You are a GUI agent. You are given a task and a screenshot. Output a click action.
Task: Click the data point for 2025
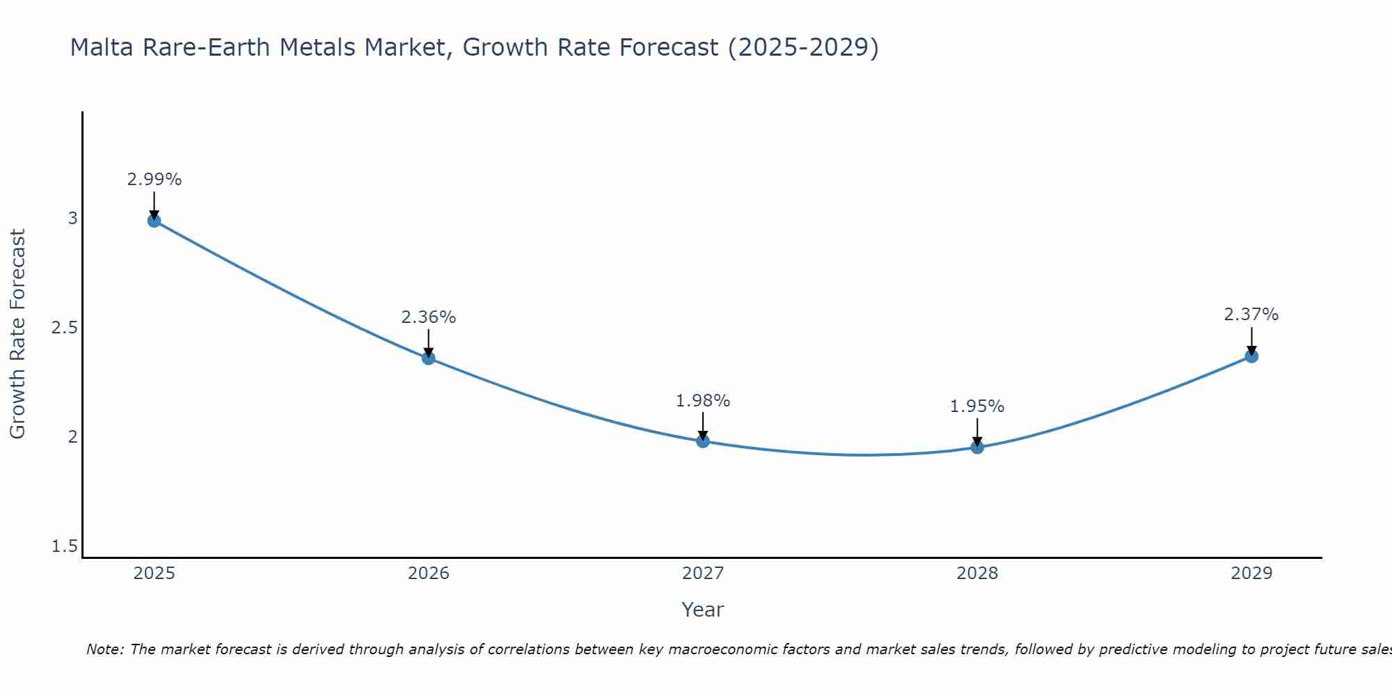pyautogui.click(x=154, y=221)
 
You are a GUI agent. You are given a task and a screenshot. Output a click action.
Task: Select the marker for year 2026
pyautogui.click(x=429, y=358)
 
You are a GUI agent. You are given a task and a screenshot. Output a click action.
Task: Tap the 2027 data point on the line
pyautogui.click(x=703, y=441)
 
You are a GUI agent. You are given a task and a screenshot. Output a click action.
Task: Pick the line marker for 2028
pyautogui.click(x=977, y=447)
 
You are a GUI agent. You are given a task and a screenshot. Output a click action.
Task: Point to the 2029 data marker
pyautogui.click(x=1251, y=356)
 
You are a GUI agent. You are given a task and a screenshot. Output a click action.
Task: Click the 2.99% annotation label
pyautogui.click(x=154, y=180)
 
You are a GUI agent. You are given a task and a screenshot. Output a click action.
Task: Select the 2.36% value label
pyautogui.click(x=429, y=317)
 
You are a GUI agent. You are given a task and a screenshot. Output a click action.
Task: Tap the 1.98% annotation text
pyautogui.click(x=703, y=401)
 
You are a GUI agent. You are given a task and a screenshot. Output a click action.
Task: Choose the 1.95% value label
pyautogui.click(x=977, y=406)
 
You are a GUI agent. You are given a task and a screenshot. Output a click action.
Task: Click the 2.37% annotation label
pyautogui.click(x=1251, y=315)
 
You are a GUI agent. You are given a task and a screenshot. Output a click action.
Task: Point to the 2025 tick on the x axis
pyautogui.click(x=154, y=574)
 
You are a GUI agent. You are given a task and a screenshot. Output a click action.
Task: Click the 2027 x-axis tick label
pyautogui.click(x=703, y=574)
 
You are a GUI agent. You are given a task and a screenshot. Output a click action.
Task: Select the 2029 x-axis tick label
pyautogui.click(x=1251, y=574)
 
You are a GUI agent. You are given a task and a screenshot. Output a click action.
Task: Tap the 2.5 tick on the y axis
pyautogui.click(x=64, y=328)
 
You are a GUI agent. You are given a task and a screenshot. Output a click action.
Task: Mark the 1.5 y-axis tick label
pyautogui.click(x=64, y=546)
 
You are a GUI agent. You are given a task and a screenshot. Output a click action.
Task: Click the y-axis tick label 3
pyautogui.click(x=72, y=219)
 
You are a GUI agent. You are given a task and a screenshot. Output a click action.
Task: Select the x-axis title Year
pyautogui.click(x=703, y=610)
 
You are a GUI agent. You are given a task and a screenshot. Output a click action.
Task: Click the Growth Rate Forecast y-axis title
pyautogui.click(x=17, y=334)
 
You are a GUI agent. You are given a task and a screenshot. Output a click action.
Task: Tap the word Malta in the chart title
pyautogui.click(x=102, y=47)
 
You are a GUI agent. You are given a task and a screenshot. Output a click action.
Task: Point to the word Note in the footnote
pyautogui.click(x=104, y=649)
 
